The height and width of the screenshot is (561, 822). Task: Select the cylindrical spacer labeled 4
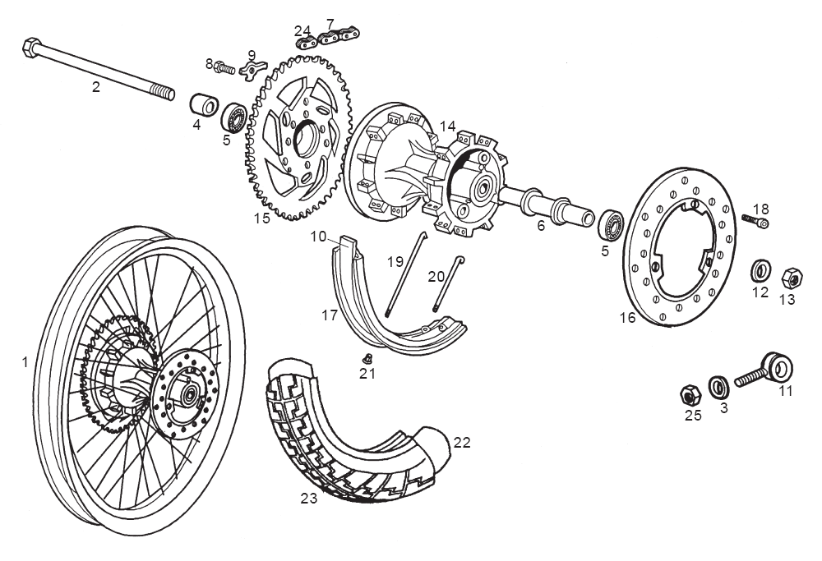[x=204, y=107]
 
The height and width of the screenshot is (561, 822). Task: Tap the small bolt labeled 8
[x=224, y=67]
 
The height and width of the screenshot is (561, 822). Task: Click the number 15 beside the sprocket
[x=261, y=219]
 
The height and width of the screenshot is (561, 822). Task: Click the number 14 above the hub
[x=447, y=126]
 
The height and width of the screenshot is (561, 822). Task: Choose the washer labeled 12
[x=760, y=270]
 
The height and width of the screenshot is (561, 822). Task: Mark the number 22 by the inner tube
[x=462, y=442]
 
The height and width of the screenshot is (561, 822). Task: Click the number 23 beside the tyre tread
[x=308, y=497]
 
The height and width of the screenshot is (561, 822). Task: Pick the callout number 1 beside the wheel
[x=25, y=361]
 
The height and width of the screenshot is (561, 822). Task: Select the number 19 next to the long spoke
[x=396, y=262]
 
